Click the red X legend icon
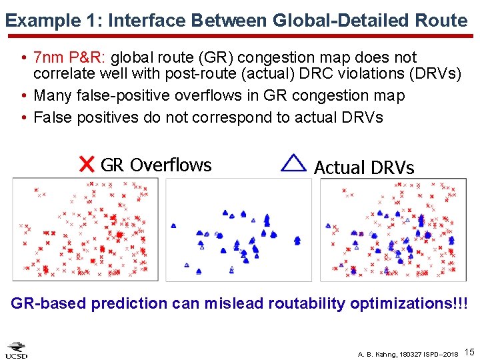coord(86,165)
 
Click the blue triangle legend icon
coord(293,163)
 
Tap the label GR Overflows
coord(156,165)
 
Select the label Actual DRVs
coord(364,167)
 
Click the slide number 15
coord(469,351)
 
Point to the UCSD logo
coord(17,351)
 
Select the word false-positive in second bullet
coord(119,95)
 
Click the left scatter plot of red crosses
coord(85,230)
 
